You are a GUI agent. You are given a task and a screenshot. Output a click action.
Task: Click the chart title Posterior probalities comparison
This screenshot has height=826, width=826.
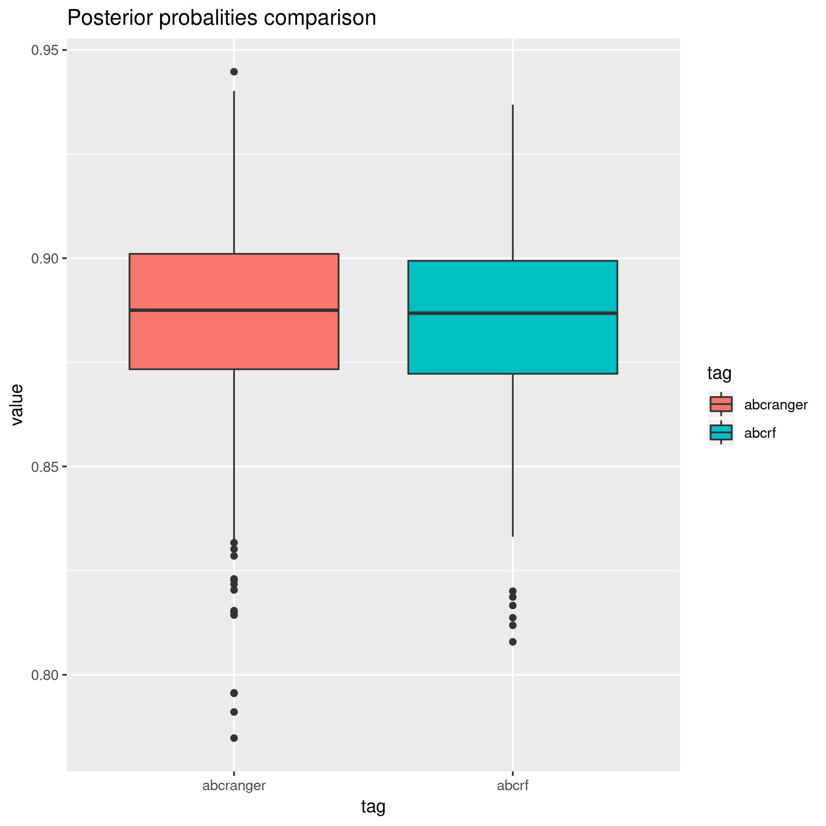pyautogui.click(x=221, y=18)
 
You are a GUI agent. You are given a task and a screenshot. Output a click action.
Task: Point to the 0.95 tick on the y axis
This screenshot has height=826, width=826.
pyautogui.click(x=44, y=50)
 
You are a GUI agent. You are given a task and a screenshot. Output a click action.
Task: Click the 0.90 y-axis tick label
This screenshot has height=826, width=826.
pyautogui.click(x=44, y=259)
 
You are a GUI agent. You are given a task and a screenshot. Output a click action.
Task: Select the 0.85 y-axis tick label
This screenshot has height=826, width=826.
pyautogui.click(x=44, y=466)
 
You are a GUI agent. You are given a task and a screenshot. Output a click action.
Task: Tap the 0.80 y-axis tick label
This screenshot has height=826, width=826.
pyautogui.click(x=44, y=675)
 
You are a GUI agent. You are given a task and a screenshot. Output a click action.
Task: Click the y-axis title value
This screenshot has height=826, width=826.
pyautogui.click(x=17, y=404)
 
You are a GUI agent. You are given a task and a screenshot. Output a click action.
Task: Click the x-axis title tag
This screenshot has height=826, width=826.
pyautogui.click(x=373, y=806)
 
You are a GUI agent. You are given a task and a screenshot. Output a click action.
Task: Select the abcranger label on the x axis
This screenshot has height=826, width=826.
pyautogui.click(x=234, y=786)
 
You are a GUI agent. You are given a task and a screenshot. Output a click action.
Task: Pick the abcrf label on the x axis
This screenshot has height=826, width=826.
pyautogui.click(x=513, y=786)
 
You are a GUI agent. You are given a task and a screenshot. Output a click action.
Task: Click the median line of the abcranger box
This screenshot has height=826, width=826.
pyautogui.click(x=234, y=310)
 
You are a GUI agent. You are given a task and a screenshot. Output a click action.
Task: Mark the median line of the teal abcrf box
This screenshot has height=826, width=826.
pyautogui.click(x=513, y=313)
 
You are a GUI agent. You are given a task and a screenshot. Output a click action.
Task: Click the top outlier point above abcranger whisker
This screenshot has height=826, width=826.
pyautogui.click(x=234, y=72)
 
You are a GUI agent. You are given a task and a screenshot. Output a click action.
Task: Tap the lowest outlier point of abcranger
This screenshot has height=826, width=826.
pyautogui.click(x=234, y=738)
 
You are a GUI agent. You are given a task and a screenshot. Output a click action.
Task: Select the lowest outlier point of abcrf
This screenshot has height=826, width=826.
pyautogui.click(x=513, y=642)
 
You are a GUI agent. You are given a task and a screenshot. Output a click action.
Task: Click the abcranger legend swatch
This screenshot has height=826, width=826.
pyautogui.click(x=721, y=404)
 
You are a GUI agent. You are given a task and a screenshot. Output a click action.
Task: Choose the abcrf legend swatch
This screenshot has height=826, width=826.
pyautogui.click(x=721, y=433)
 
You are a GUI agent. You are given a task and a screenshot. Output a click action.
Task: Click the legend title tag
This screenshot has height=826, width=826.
pyautogui.click(x=719, y=373)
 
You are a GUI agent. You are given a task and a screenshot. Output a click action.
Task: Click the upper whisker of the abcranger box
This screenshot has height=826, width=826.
pyautogui.click(x=234, y=171)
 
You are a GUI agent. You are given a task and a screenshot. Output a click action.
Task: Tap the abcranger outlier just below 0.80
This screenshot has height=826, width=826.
pyautogui.click(x=234, y=693)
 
